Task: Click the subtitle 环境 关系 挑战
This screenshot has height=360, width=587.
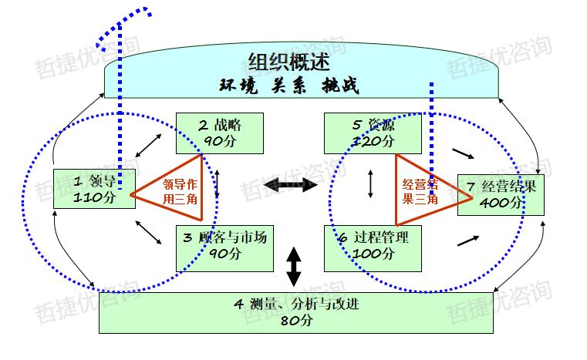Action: pos(289,84)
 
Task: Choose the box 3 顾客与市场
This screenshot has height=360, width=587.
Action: pos(224,247)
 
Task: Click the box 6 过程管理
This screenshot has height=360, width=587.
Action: pos(373,247)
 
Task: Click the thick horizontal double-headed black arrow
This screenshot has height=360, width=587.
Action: pos(291,185)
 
